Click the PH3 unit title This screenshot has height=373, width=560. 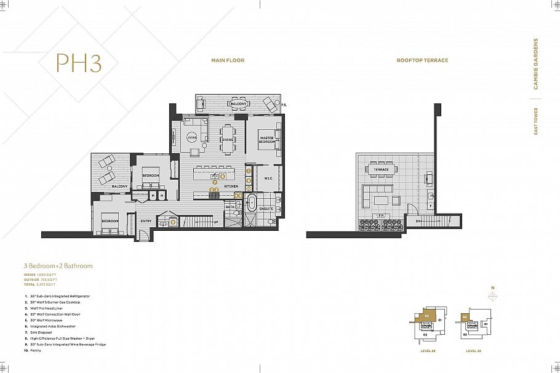click(78, 63)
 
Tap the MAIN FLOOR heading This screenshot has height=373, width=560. click(228, 60)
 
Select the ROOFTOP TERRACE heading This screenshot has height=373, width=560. click(422, 60)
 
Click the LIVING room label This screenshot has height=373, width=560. click(191, 138)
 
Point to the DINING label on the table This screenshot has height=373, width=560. click(228, 140)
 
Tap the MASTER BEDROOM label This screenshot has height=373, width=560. click(266, 140)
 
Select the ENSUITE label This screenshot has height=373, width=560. click(266, 209)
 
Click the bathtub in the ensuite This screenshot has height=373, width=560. click(251, 203)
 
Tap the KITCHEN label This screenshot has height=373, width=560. click(231, 185)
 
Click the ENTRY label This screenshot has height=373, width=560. click(146, 221)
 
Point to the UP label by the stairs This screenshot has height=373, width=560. click(215, 222)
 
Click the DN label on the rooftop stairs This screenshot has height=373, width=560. click(418, 221)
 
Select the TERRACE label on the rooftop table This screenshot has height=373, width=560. click(380, 169)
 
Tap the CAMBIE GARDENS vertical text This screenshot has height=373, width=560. click(535, 65)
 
